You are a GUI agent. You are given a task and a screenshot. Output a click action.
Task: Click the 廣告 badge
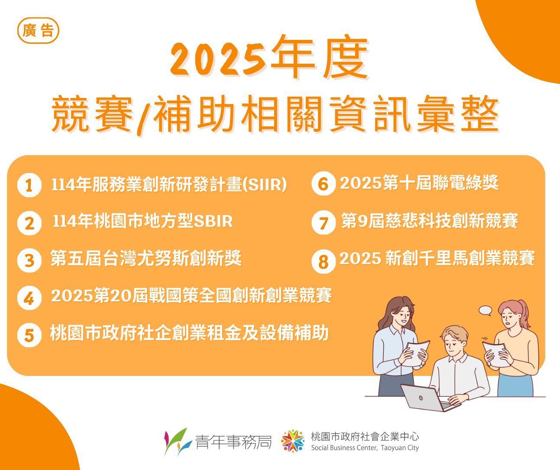pos(38,31)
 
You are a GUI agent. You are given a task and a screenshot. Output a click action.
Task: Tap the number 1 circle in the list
pos(29,185)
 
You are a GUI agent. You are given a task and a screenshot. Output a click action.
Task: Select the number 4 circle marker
pos(29,298)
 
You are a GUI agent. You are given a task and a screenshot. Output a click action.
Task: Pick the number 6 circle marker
pos(324,183)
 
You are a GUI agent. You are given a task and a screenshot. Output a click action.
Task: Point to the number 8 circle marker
pos(324,261)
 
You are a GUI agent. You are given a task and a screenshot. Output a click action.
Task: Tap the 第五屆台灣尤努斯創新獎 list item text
pos(146,258)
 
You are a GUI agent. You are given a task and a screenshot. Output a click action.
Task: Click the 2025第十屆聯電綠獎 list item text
pos(419,183)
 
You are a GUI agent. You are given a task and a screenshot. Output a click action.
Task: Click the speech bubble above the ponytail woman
pos(486,311)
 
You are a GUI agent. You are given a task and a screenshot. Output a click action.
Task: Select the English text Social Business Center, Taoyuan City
pos(365,448)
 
